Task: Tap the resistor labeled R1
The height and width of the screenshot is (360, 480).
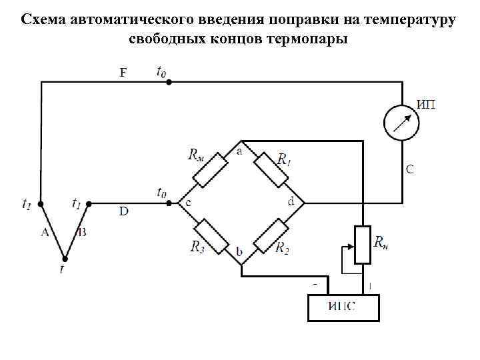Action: pos(272,171)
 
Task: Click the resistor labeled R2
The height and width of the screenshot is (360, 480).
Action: pos(272,233)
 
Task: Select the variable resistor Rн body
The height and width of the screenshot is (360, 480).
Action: pos(362,245)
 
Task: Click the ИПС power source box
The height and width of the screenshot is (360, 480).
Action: pos(343,307)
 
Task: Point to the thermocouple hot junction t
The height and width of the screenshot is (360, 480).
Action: pos(65,259)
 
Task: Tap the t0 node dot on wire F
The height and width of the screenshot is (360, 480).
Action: pos(169,82)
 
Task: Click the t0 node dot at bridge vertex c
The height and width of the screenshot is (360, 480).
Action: pos(169,202)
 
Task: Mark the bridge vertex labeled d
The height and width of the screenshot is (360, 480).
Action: pos(304,202)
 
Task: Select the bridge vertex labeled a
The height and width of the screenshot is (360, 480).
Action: pos(241,141)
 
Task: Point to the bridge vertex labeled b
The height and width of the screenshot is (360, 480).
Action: pos(241,264)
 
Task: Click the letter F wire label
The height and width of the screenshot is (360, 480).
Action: pos(123,73)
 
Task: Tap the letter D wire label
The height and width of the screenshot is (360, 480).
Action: pos(123,212)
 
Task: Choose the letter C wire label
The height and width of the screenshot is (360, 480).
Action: pos(409,169)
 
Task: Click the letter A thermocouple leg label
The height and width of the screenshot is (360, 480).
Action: pos(45,232)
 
